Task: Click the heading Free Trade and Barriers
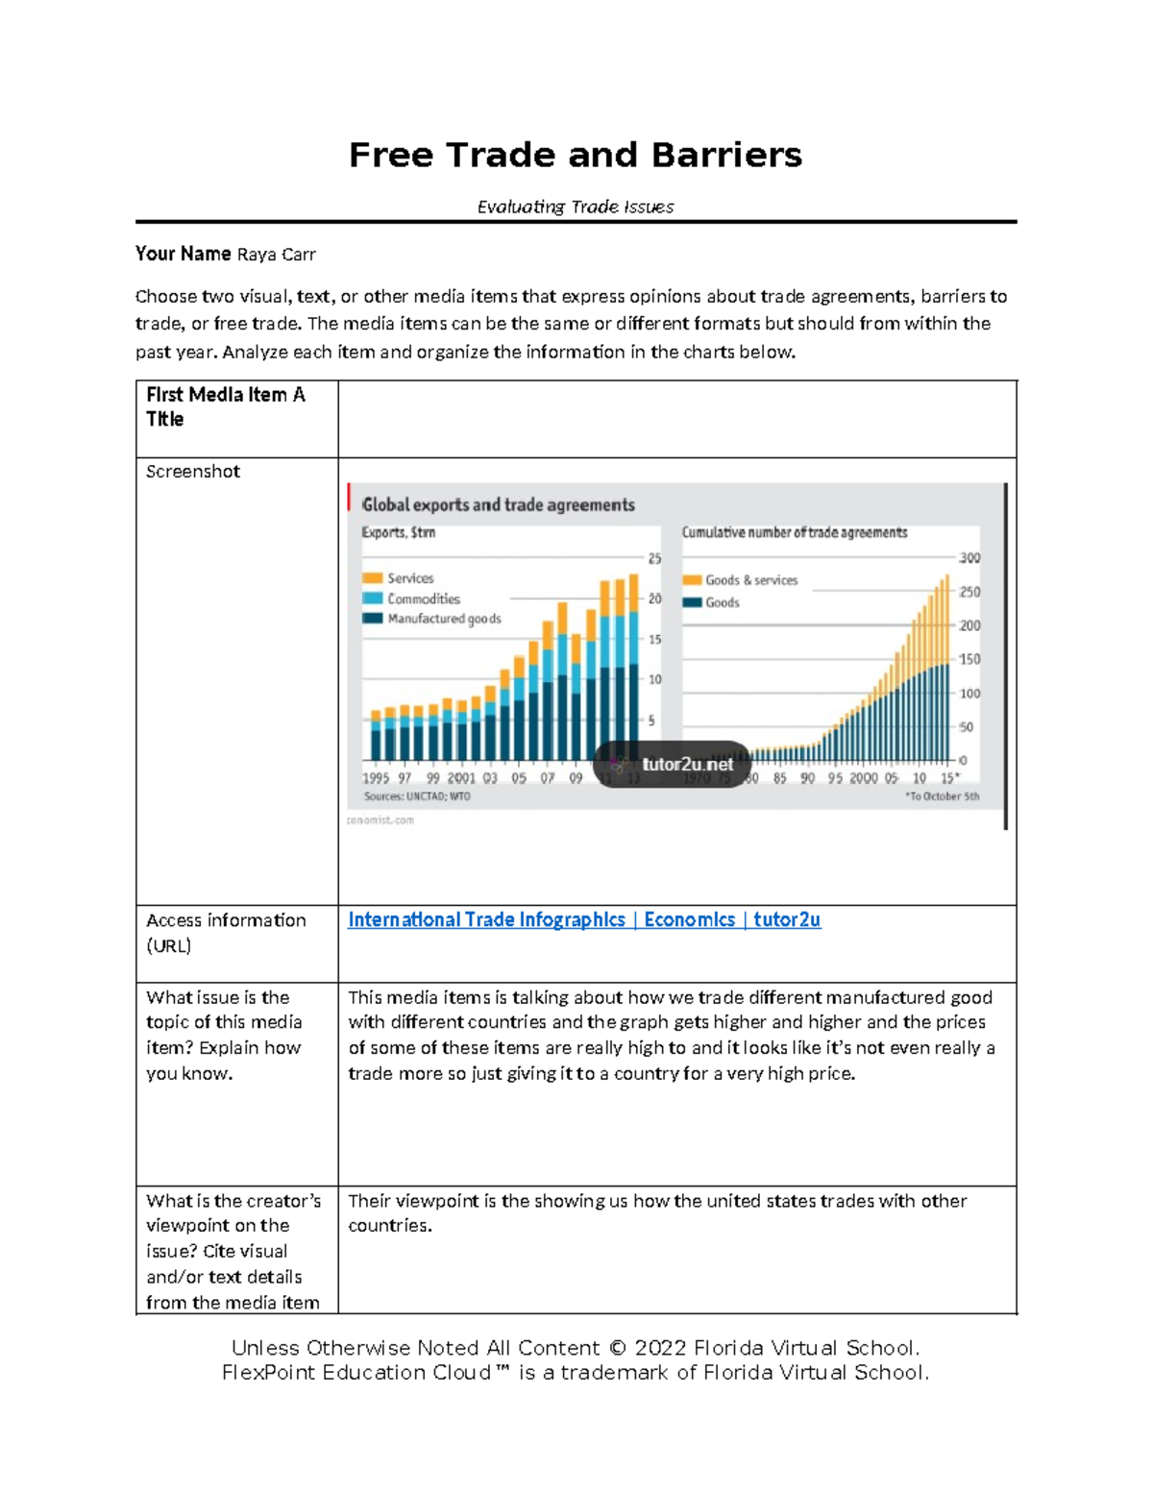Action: point(575,155)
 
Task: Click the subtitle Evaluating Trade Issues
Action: point(576,207)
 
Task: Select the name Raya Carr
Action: point(276,255)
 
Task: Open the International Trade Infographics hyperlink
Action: point(583,919)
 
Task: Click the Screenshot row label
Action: point(192,472)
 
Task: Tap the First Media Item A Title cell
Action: point(225,406)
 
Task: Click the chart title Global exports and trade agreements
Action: point(498,504)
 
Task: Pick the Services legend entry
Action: point(410,578)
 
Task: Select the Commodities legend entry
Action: point(423,599)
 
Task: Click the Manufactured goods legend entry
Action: point(444,619)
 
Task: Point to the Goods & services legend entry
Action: point(750,580)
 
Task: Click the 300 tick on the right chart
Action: point(969,558)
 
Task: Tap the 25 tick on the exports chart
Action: point(654,558)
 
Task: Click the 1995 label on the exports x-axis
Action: point(376,778)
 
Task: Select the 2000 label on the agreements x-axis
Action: point(863,778)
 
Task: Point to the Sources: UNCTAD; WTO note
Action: point(417,796)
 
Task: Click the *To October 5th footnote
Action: point(942,796)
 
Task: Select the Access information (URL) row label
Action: point(226,932)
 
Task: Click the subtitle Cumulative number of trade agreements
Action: point(794,532)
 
